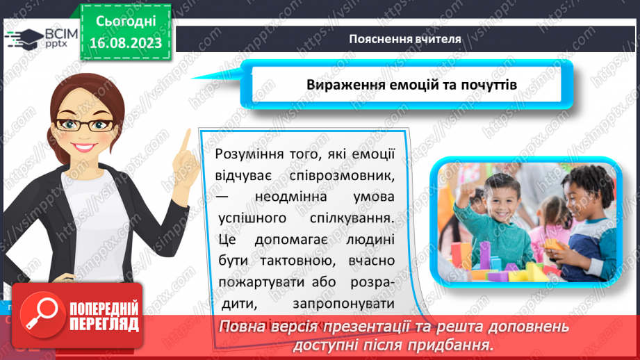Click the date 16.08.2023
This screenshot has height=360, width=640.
125,42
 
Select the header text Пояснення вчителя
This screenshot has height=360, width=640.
405,39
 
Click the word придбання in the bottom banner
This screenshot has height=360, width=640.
454,345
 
